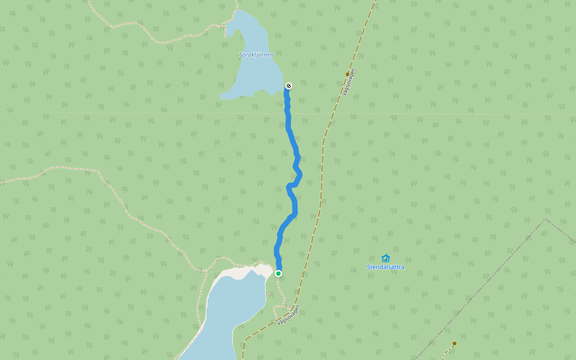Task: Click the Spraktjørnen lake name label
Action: [256, 55]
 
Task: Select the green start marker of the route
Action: [278, 274]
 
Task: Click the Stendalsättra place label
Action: [385, 267]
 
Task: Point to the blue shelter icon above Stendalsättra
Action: [385, 258]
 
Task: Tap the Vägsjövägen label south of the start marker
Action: [288, 315]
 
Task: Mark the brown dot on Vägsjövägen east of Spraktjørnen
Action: [347, 74]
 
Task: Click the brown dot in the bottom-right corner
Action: [454, 344]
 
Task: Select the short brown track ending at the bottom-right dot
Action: [447, 350]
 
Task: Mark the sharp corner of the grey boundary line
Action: [545, 219]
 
